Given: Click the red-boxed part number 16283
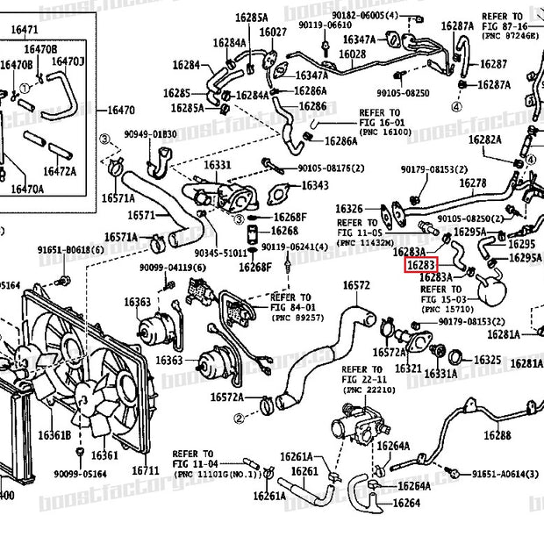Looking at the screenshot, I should click(419, 262).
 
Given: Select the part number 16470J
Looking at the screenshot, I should click(68, 61).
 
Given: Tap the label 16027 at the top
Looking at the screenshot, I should click(273, 32).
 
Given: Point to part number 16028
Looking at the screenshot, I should click(351, 54).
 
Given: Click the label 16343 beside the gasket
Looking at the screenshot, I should click(315, 185).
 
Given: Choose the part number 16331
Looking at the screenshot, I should click(218, 165).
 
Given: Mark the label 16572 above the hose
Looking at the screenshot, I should click(356, 285).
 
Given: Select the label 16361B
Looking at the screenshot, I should click(54, 435).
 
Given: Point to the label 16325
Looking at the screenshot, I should click(487, 360).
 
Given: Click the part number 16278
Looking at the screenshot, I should click(472, 183).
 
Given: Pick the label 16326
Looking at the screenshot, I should click(348, 208).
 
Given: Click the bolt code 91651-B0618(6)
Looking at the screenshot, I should click(70, 250).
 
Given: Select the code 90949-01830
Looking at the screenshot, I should click(150, 134).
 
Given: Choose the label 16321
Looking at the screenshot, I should click(408, 369).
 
